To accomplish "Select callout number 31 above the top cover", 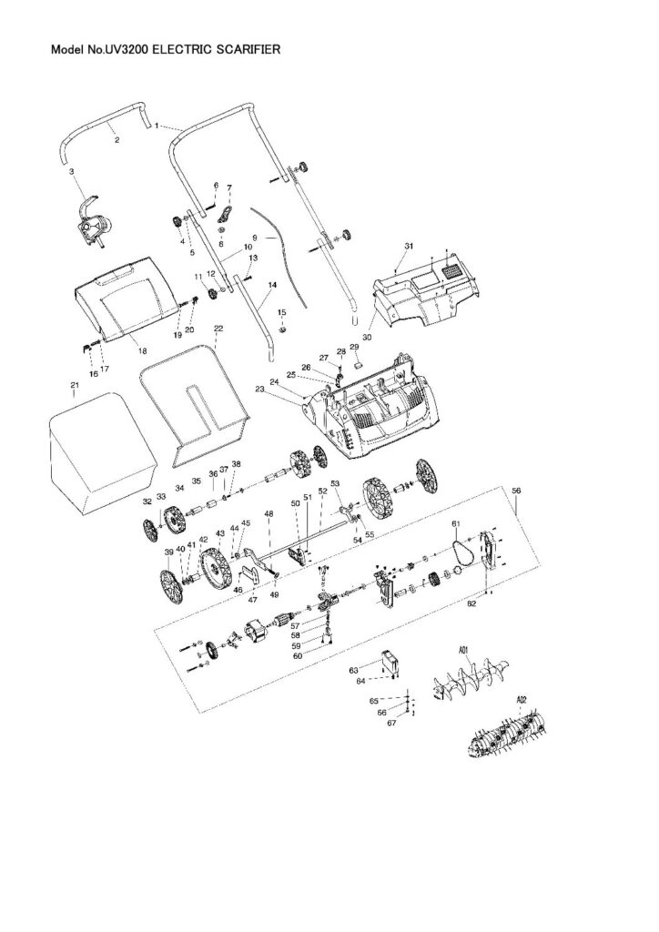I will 409,247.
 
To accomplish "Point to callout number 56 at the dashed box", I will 516,491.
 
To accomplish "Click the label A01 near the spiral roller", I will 463,649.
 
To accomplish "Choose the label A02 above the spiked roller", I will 522,699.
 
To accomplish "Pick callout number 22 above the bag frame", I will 218,329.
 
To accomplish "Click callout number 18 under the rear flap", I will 141,350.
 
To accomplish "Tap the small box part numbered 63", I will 392,662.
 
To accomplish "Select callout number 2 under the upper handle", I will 117,139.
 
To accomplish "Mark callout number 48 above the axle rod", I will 269,514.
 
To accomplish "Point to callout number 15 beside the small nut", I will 281,312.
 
